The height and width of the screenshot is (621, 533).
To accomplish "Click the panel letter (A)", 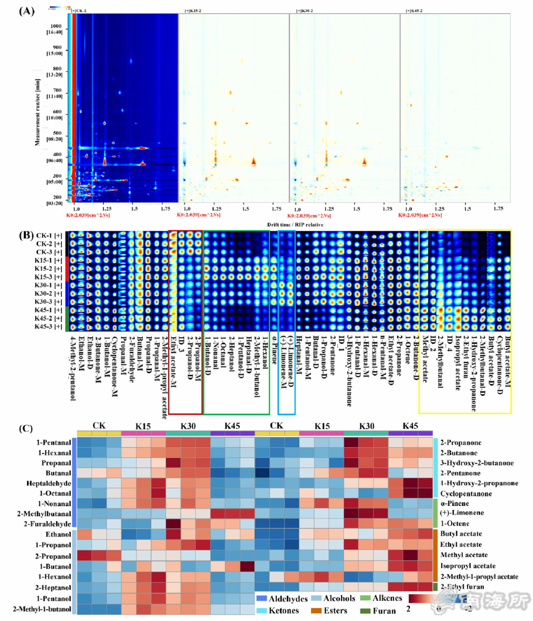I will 27,11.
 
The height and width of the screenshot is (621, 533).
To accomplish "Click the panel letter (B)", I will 26,235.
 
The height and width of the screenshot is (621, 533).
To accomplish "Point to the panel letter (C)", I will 26,428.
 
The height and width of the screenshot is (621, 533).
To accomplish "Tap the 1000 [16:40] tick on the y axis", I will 55,29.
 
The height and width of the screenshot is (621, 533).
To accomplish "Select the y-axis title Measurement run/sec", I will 37,112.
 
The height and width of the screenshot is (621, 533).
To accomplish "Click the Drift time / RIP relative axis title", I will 295,225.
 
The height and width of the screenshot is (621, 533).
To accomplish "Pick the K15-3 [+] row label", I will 48,277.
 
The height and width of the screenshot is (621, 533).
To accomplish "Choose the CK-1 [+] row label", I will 49,235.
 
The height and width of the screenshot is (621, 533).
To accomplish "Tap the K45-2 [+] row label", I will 48,318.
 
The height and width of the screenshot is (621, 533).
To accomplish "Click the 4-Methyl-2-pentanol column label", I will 73,368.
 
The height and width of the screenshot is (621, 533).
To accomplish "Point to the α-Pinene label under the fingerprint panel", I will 274,350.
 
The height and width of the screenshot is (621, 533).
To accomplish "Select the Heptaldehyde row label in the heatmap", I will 49,483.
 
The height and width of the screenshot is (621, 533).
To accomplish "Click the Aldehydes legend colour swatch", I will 262,599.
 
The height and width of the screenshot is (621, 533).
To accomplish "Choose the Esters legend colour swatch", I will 316,611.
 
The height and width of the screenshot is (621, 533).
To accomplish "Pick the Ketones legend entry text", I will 284,611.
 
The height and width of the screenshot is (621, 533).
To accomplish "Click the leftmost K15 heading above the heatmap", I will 143,426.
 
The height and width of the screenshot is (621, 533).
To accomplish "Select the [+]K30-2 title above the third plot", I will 305,11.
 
